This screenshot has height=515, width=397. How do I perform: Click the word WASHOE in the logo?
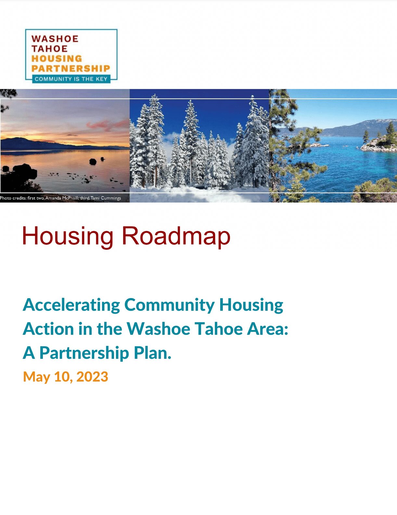pos(55,39)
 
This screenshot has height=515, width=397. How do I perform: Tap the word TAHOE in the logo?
pos(49,49)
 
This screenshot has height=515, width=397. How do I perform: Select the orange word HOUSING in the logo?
pos(57,58)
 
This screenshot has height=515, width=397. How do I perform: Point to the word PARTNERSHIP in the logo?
pos(70,69)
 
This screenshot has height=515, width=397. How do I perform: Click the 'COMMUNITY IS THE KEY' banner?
pos(71,79)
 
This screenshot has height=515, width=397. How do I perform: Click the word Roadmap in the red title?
pos(176,236)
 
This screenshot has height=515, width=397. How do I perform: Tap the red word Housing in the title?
pos(68,236)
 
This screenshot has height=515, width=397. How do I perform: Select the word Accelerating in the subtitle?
pos(71,306)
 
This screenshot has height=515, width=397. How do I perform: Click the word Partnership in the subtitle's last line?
pos(84,354)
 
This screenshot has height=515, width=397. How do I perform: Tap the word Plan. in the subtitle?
pos(152,353)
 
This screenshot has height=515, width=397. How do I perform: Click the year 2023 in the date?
pos(92,377)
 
